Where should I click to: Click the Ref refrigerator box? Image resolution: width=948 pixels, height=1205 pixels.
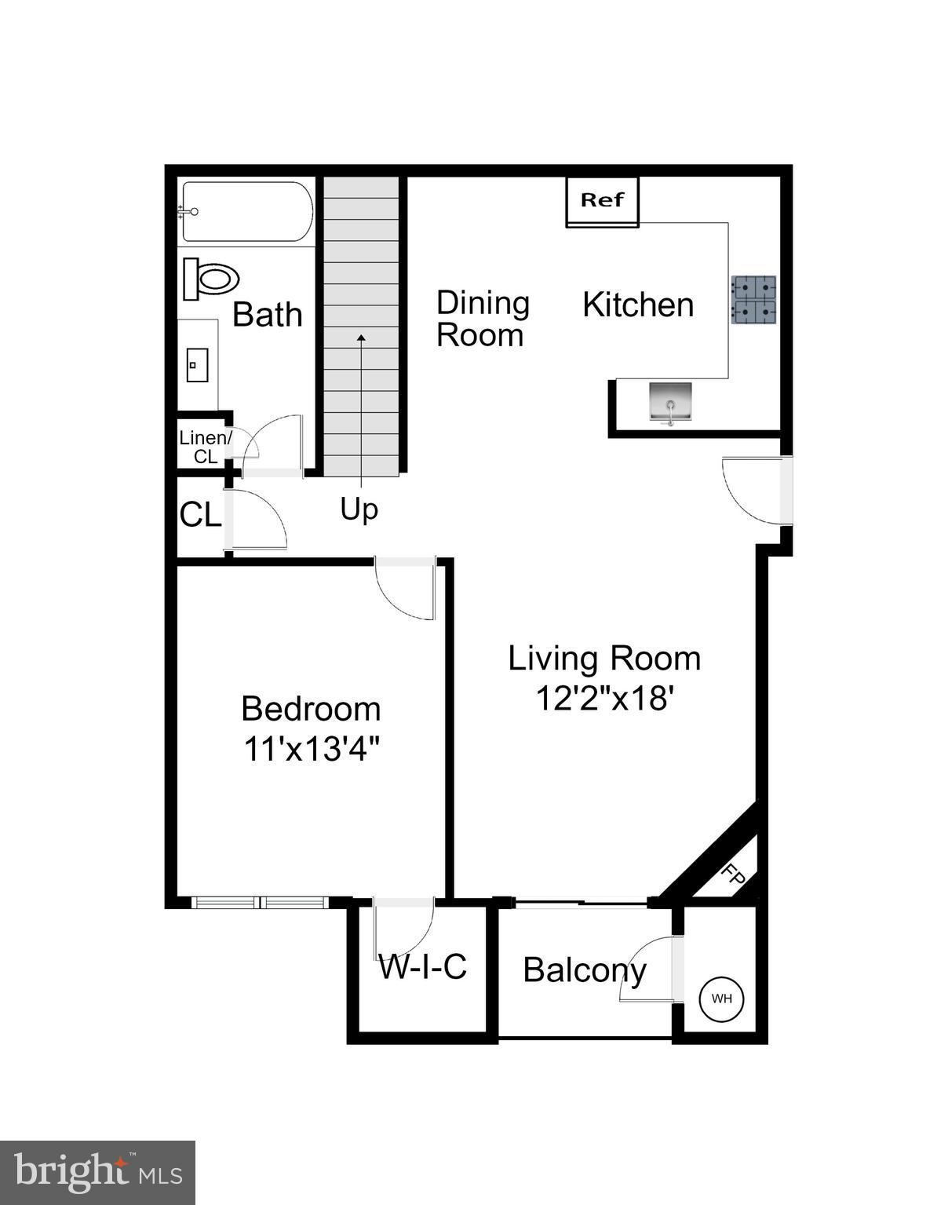pyautogui.click(x=602, y=201)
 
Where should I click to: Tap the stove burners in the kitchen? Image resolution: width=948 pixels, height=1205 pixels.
pyautogui.click(x=753, y=300)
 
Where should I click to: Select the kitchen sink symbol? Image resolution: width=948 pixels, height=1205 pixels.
pyautogui.click(x=670, y=402)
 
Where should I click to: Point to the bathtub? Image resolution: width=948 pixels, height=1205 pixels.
pyautogui.click(x=247, y=212)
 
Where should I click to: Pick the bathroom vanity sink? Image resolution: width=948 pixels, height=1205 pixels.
pyautogui.click(x=196, y=365)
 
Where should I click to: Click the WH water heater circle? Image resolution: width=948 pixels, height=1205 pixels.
pyautogui.click(x=721, y=999)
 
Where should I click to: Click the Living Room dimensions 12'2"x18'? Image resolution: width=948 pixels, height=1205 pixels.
pyautogui.click(x=604, y=698)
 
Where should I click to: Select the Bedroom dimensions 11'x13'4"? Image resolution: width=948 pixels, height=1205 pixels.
pyautogui.click(x=312, y=748)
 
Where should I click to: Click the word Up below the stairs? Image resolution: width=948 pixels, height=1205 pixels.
pyautogui.click(x=359, y=509)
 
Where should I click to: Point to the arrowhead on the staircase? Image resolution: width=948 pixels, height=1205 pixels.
pyautogui.click(x=361, y=338)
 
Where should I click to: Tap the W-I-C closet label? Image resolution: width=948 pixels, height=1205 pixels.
pyautogui.click(x=423, y=967)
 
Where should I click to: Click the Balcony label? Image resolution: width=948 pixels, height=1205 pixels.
pyautogui.click(x=585, y=970)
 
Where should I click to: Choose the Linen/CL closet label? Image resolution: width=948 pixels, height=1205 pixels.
pyautogui.click(x=206, y=447)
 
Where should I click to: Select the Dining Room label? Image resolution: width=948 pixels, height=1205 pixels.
pyautogui.click(x=482, y=319)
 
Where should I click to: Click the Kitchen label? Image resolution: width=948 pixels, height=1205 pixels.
pyautogui.click(x=638, y=305)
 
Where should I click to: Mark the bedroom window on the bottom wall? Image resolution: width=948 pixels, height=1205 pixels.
pyautogui.click(x=260, y=903)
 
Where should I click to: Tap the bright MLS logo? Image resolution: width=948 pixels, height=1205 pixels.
pyautogui.click(x=97, y=1173)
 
